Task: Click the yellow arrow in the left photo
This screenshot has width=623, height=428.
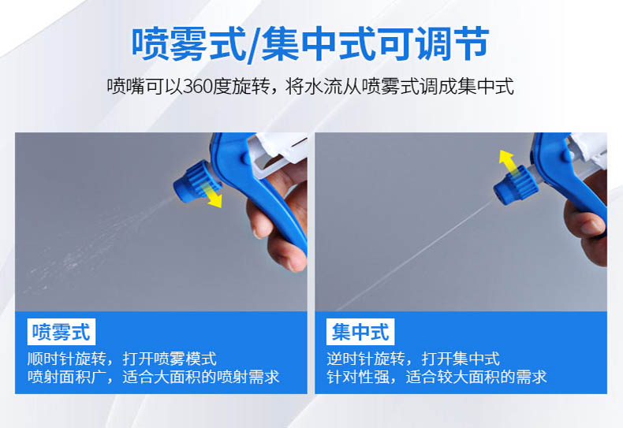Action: click(211, 195)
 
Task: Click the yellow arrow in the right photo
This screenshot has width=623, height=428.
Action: click(510, 164)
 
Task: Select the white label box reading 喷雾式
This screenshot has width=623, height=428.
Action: click(62, 332)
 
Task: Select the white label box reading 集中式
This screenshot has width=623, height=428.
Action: click(360, 332)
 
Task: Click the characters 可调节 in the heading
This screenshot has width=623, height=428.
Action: click(434, 43)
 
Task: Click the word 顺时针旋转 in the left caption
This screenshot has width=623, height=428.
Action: click(66, 359)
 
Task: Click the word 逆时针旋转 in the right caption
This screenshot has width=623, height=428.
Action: click(366, 359)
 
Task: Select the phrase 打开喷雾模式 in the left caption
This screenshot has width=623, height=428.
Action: click(170, 359)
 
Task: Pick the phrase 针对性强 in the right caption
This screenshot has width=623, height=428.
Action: click(357, 377)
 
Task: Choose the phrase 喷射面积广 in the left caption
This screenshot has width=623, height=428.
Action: click(66, 377)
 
